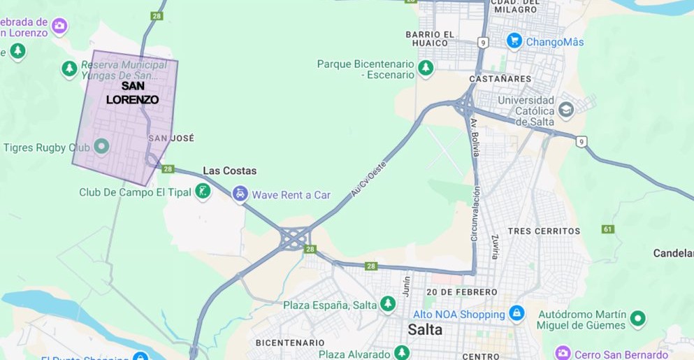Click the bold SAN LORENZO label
point(133,93)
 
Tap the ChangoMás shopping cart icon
point(515,41)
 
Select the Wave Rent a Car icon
point(240,194)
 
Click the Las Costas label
point(229,171)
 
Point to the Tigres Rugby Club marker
point(101,147)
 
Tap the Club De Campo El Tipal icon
point(203,192)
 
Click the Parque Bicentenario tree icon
point(426,69)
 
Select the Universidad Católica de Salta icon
point(565,109)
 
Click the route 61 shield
point(607,229)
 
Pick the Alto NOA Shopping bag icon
point(516,313)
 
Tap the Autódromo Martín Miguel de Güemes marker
point(637,319)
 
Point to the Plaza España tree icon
point(388,304)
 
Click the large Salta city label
point(425,329)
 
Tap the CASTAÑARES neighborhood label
point(500,79)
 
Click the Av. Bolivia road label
point(475,137)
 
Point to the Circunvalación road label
point(475,213)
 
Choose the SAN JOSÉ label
point(171,138)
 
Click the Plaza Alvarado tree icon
point(401,353)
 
